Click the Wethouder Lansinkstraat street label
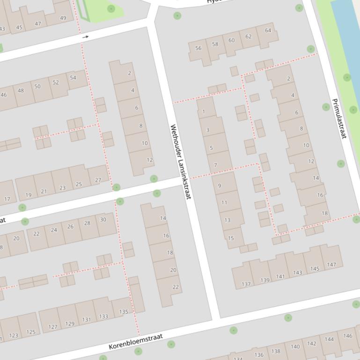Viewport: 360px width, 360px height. [181, 161]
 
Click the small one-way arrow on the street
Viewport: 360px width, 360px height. [85, 36]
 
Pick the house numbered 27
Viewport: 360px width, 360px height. [98, 180]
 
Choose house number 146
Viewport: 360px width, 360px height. [347, 336]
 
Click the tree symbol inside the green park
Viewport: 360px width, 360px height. [111, 8]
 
